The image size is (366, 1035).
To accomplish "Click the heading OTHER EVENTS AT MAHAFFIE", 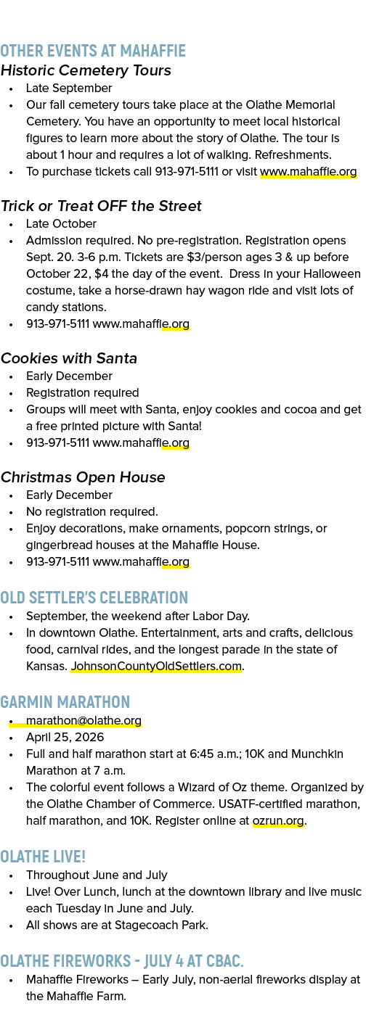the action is (93, 51).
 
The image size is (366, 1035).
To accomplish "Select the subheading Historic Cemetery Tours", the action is (86, 70).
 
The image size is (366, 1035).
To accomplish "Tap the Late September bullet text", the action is (69, 88).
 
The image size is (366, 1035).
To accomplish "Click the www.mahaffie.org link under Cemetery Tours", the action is (308, 172).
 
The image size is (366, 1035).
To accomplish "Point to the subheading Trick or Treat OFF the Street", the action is (101, 205).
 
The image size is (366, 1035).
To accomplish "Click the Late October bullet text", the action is (61, 223).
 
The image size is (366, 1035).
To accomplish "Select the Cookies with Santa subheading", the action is (68, 358).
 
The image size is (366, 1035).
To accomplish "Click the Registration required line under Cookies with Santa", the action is (82, 392).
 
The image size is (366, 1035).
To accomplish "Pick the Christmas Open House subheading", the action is (83, 477).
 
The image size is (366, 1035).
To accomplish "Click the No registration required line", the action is (92, 512).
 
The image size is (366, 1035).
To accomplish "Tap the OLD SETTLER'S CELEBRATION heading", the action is (94, 598).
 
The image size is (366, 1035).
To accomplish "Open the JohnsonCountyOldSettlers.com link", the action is (156, 667).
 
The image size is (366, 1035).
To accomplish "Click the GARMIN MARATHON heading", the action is (65, 702).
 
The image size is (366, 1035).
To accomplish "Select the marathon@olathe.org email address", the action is (84, 721).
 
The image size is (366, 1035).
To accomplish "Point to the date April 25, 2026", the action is (65, 738).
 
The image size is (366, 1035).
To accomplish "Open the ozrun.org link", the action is (278, 821).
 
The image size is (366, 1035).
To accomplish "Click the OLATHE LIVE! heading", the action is (43, 857).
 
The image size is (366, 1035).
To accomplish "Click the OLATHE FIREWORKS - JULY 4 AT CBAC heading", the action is (122, 961).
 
